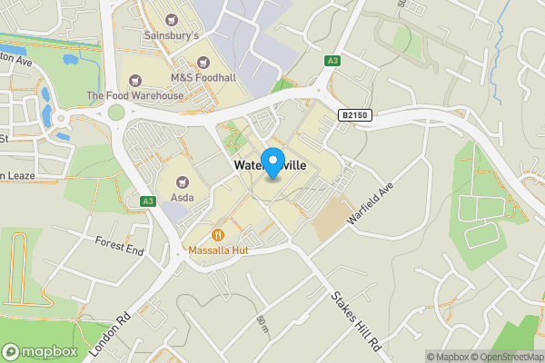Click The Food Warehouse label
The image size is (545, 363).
click(134, 95)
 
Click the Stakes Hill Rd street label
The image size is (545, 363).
click(355, 320)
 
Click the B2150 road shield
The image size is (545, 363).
click(357, 115)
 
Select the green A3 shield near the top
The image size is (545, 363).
click(332, 61)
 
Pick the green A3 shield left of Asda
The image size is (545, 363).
click(147, 201)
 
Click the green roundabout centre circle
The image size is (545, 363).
click(115, 113)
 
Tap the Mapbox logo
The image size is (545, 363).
click(40, 351)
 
